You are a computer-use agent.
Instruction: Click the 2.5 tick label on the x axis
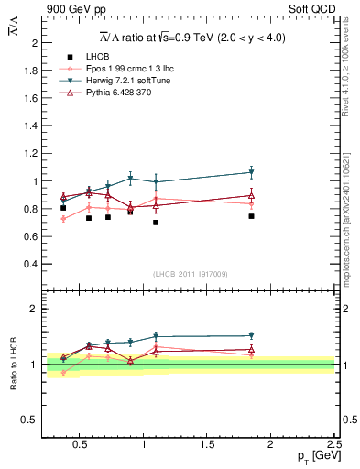click(x=333, y=445)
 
